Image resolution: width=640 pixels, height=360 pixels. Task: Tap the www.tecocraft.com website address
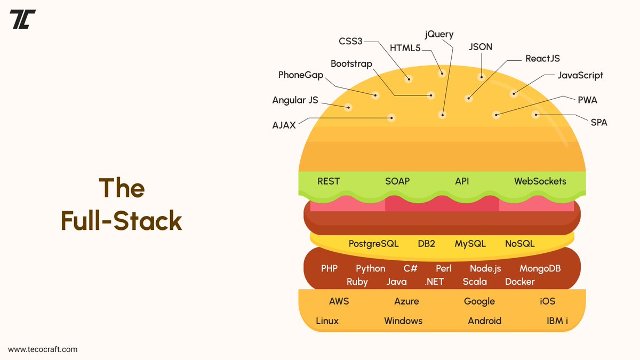[x=43, y=349]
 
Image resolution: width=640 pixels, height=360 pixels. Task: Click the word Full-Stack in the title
[x=122, y=221]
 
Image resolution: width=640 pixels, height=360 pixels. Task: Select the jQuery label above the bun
[x=439, y=35]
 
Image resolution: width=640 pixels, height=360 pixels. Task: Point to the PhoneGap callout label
[x=301, y=75]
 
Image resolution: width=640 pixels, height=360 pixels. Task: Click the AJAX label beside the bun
[x=284, y=126]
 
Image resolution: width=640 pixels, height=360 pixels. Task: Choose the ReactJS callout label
[x=542, y=59]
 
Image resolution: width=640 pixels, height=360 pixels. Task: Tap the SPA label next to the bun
[x=598, y=123]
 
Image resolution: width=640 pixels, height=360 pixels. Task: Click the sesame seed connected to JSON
[x=481, y=76]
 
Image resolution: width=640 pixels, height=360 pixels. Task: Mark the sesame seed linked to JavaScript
[x=514, y=94]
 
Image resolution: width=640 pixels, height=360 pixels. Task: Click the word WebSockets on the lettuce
[x=540, y=181]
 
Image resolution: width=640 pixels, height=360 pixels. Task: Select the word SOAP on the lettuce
[x=397, y=181]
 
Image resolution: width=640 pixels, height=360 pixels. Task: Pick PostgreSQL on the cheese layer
[x=373, y=244]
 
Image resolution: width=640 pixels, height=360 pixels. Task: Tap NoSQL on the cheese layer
[x=519, y=244]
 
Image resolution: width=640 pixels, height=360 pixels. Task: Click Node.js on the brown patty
[x=485, y=269]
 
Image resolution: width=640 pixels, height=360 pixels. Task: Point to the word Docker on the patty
[x=519, y=282]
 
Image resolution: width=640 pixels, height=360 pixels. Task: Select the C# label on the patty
[x=410, y=269]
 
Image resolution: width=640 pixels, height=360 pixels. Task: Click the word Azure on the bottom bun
[x=406, y=301]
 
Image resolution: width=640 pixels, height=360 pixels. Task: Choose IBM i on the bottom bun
[x=557, y=321]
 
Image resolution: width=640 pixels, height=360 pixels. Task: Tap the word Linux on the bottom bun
[x=327, y=321]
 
